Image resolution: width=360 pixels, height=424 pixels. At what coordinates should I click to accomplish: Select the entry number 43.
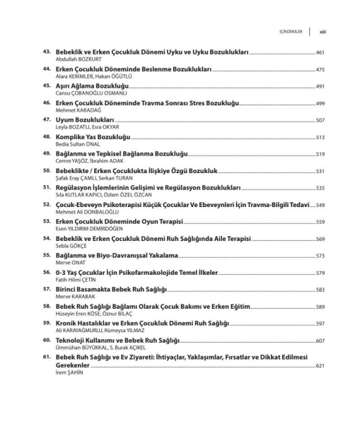pyautogui.click(x=47, y=52)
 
